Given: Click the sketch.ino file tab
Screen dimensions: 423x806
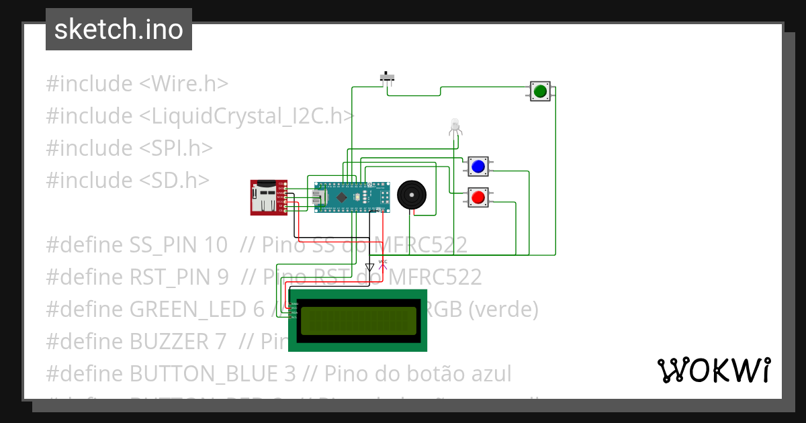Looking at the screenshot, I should click(x=119, y=30).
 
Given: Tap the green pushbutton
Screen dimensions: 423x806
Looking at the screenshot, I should click(x=540, y=91).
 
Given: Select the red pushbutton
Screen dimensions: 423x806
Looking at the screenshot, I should click(x=478, y=197).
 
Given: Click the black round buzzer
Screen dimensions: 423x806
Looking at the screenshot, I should click(x=411, y=195).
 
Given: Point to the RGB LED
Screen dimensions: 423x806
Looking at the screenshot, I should click(x=455, y=126).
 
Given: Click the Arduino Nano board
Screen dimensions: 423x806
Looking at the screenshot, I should click(x=352, y=197).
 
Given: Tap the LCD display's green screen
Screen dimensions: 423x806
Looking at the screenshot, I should click(x=359, y=321).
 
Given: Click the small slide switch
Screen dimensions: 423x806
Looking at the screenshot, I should click(x=388, y=77).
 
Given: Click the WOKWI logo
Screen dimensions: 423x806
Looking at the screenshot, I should click(x=713, y=371).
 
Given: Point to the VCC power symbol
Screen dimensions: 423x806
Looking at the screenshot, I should click(x=383, y=264).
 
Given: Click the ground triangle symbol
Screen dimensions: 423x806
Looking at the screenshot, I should click(x=369, y=267).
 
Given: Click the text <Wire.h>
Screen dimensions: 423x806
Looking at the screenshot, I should click(x=183, y=84).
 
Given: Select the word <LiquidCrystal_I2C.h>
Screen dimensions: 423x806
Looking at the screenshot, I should click(x=247, y=116).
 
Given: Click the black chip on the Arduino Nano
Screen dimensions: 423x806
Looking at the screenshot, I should click(x=343, y=197).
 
